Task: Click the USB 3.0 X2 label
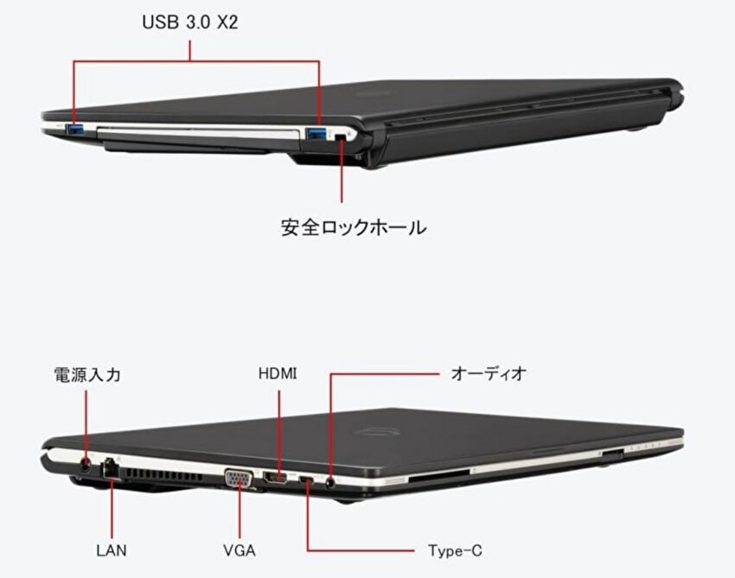click(190, 22)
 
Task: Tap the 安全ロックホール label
click(354, 227)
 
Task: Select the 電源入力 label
click(87, 375)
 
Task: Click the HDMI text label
click(278, 373)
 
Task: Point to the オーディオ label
click(489, 373)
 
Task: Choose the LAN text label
click(112, 549)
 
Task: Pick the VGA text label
click(240, 549)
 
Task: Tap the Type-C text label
click(455, 550)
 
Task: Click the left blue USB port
click(75, 129)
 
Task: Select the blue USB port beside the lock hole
click(316, 134)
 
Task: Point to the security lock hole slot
click(342, 137)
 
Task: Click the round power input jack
click(86, 466)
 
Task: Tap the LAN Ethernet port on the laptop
click(111, 468)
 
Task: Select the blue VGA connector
click(239, 479)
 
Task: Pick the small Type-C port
click(307, 480)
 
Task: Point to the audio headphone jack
click(331, 482)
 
